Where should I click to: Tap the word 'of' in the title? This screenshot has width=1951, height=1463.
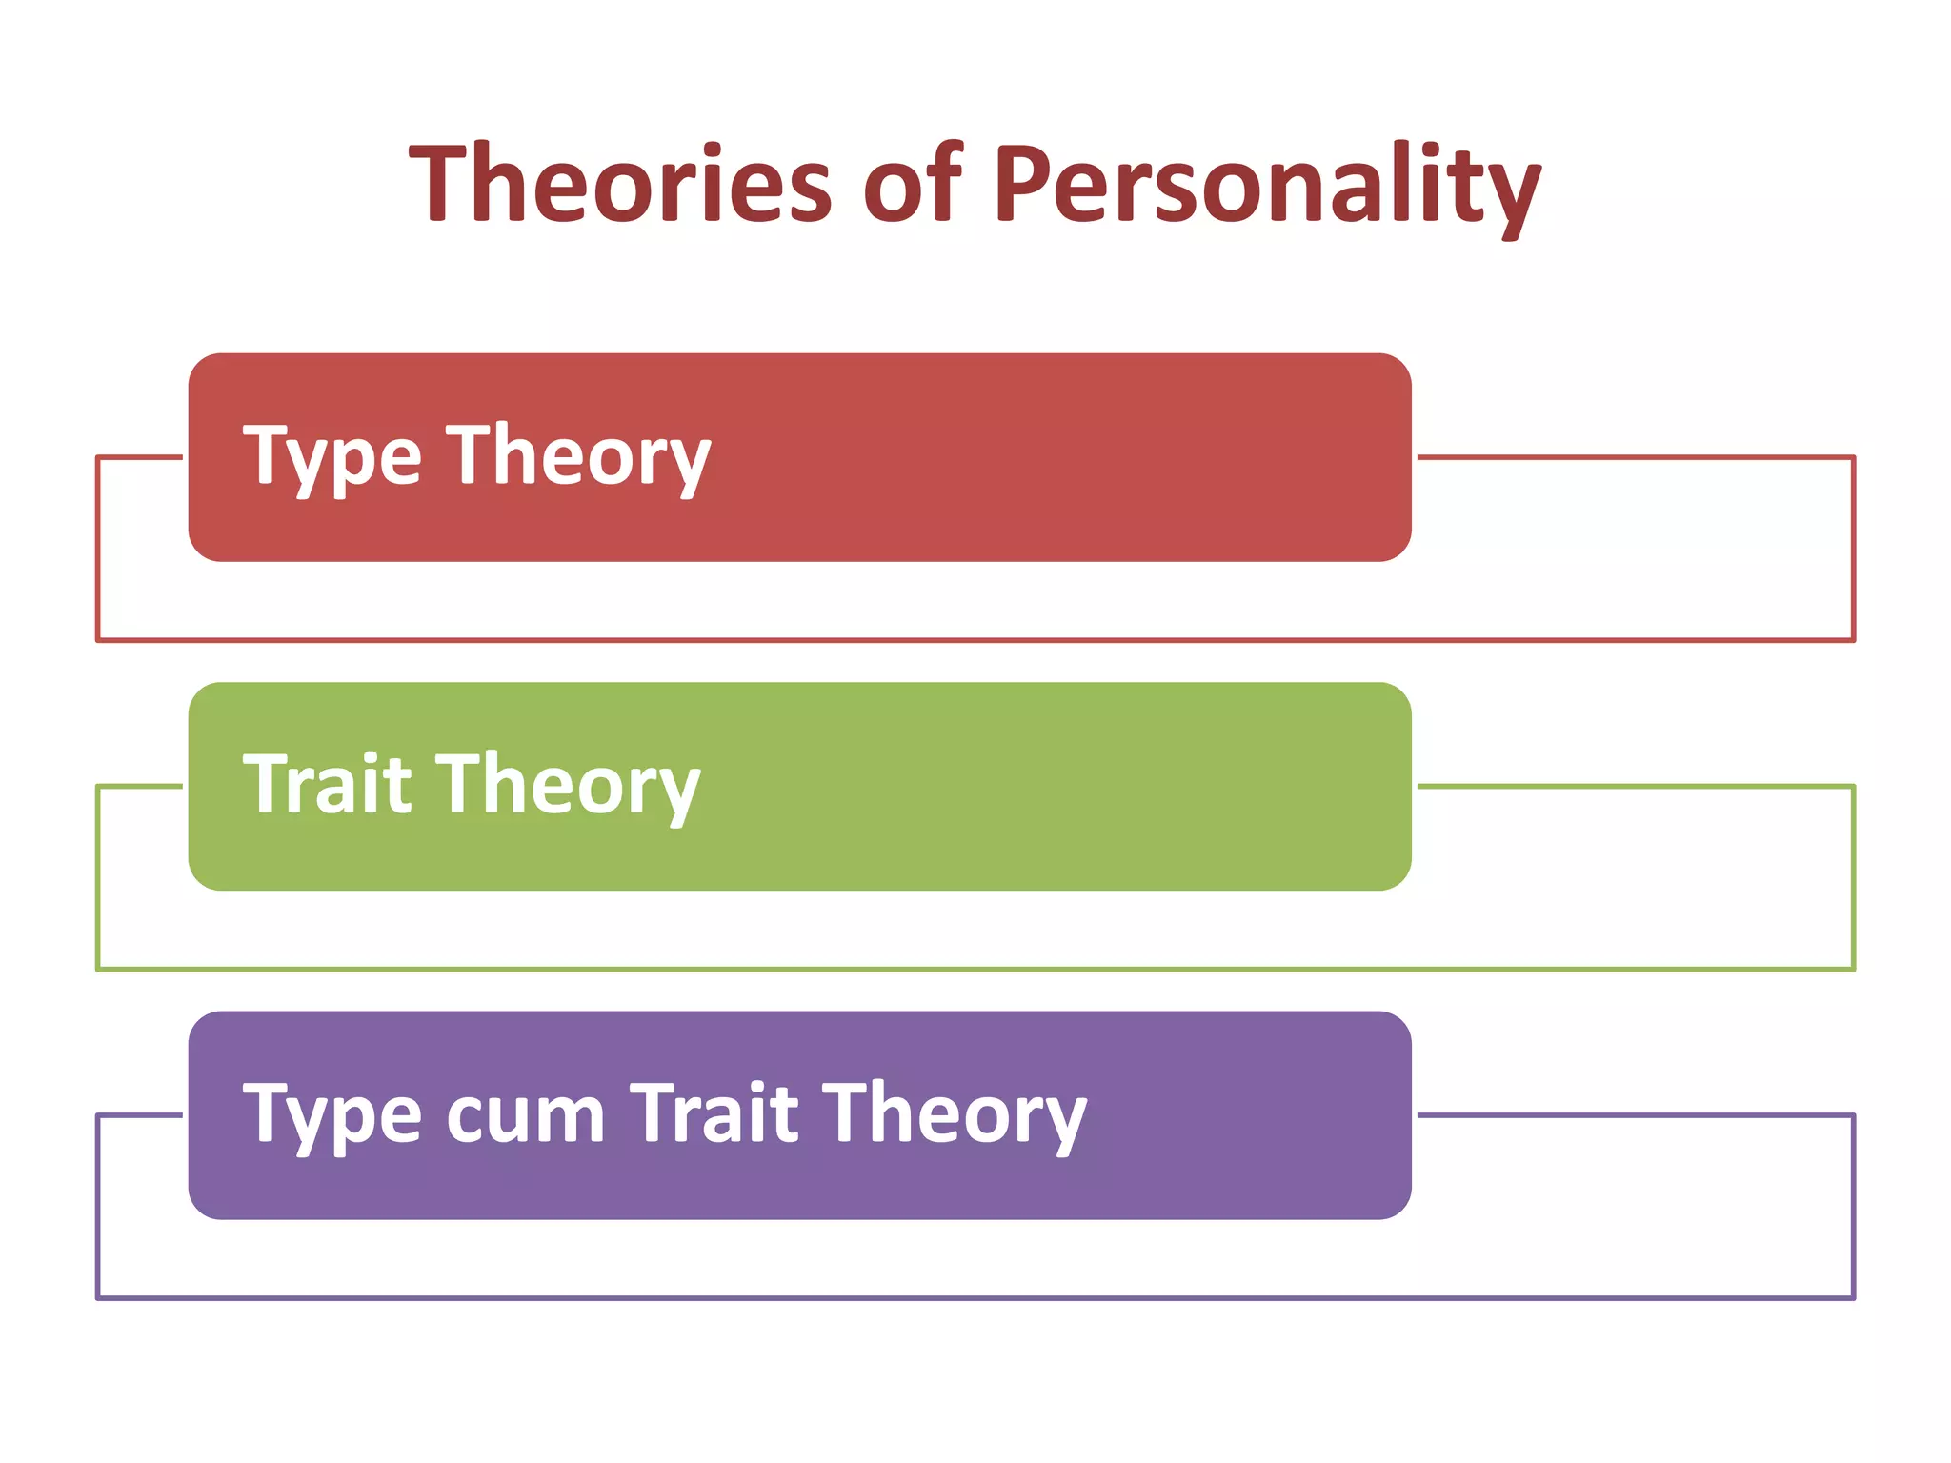(x=914, y=182)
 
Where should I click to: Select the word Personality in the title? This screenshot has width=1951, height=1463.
(x=1267, y=182)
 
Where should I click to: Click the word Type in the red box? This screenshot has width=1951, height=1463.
(x=332, y=457)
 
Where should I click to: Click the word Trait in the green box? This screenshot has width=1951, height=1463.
(x=328, y=785)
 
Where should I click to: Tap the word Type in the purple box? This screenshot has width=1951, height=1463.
(x=332, y=1114)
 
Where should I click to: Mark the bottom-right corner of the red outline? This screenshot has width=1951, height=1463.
(x=1854, y=640)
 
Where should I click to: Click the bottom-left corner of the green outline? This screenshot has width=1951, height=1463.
(x=98, y=969)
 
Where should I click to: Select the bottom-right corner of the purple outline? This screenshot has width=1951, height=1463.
(x=1854, y=1297)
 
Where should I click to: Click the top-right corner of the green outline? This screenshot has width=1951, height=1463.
(x=1854, y=787)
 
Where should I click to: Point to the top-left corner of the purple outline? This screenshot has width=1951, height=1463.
(x=98, y=1115)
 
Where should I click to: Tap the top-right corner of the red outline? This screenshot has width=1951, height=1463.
(x=1854, y=458)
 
